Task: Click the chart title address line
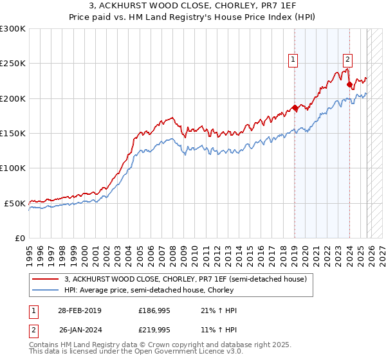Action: point(193,6)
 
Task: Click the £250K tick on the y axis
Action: point(13,64)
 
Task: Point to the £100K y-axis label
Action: point(13,168)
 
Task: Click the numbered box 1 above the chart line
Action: point(293,60)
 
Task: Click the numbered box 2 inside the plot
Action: point(347,60)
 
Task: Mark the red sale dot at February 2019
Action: point(295,107)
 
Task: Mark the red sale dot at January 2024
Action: point(349,84)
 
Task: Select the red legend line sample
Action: point(46,280)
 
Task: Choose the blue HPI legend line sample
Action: point(46,291)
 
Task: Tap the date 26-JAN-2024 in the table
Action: point(79,330)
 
